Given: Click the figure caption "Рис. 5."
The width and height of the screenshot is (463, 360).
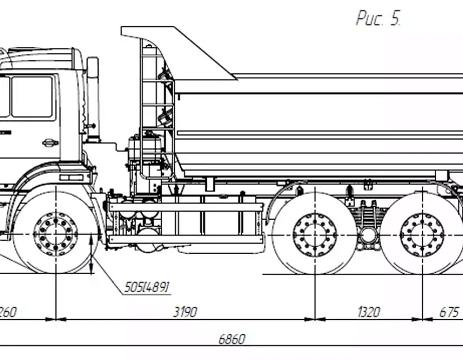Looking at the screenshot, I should click(378, 19).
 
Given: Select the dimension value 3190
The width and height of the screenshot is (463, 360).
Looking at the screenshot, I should click(185, 312).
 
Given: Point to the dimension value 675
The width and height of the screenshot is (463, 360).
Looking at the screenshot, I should click(449, 312).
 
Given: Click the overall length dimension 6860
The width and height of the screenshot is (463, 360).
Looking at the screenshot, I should click(232, 339).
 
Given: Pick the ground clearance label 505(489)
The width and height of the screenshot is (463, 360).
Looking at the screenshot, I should click(147, 287).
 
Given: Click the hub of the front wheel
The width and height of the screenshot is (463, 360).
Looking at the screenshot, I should click(56, 234).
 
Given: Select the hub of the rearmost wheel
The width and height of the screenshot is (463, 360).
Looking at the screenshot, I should click(422, 234).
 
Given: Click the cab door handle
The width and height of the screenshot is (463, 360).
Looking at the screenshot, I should click(50, 142).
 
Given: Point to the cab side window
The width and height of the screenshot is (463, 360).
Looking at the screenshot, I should click(32, 96).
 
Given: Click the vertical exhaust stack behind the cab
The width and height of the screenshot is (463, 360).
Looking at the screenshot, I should click(93, 98).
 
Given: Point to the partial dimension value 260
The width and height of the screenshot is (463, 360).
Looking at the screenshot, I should click(6, 312).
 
